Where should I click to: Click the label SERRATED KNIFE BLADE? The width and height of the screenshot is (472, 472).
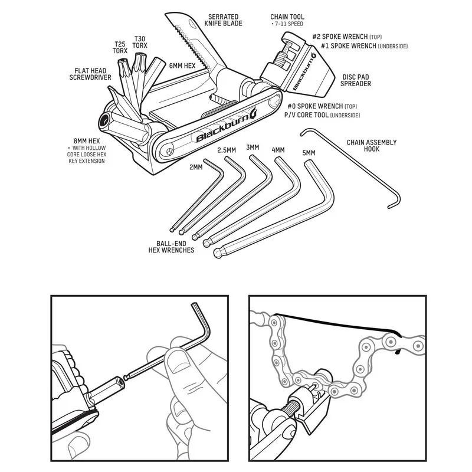coord(224,21)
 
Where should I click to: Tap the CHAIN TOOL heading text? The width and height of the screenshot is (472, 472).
coord(287,18)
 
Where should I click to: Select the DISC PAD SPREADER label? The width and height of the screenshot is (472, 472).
coord(356,80)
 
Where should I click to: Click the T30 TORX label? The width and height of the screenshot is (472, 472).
coord(140,41)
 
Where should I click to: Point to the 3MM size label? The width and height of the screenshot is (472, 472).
coord(253,147)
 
